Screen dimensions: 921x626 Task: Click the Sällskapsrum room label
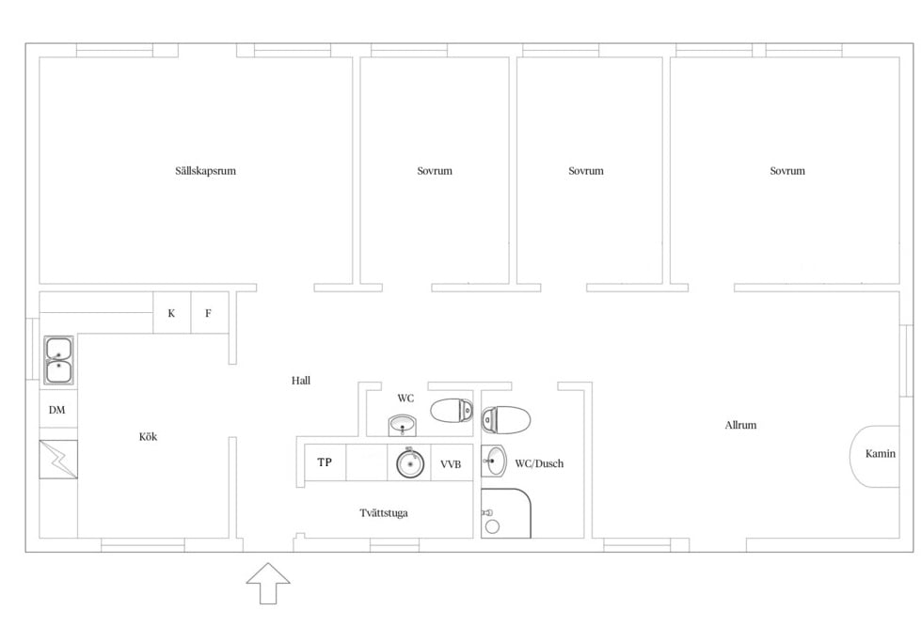[206, 171]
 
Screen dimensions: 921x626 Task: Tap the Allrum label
[740, 426]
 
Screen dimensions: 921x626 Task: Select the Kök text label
[148, 437]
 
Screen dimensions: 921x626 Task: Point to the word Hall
[301, 381]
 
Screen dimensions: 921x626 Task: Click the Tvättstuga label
[384, 513]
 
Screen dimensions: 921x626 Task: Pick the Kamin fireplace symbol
[875, 456]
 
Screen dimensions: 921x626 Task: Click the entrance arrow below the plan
[268, 583]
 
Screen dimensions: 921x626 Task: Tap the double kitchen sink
[58, 361]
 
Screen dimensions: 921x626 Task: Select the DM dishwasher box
[58, 410]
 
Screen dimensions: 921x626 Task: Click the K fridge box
[172, 313]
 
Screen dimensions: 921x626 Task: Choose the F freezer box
[210, 313]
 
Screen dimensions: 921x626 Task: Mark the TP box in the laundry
[326, 462]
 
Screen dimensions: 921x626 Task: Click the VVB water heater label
[451, 464]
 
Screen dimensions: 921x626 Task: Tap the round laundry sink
[409, 463]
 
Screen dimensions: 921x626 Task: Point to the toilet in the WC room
[452, 411]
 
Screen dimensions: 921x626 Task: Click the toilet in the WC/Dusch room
[506, 420]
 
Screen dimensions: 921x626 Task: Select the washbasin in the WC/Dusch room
[494, 462]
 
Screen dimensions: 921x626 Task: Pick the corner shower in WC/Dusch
[506, 513]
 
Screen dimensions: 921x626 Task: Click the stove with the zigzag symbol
[58, 460]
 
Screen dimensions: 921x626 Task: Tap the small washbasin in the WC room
[403, 426]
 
